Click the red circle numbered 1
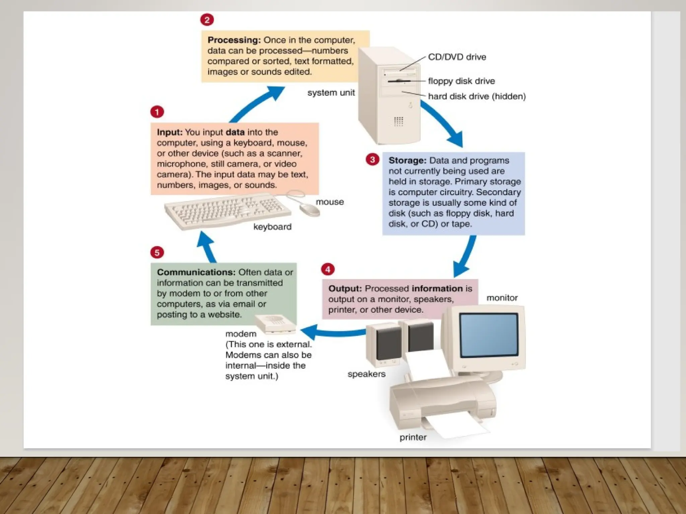(x=157, y=112)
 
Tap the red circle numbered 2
(x=207, y=20)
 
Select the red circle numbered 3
(x=372, y=160)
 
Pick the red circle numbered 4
(x=328, y=269)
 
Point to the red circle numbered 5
(x=157, y=252)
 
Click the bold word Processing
(x=234, y=40)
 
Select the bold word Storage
(x=407, y=161)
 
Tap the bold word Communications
(x=196, y=272)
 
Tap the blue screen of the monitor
(x=489, y=335)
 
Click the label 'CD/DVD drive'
(x=457, y=57)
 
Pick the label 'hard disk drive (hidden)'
(x=477, y=97)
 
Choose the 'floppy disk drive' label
(x=461, y=81)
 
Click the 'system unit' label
(x=331, y=93)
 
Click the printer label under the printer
(x=413, y=437)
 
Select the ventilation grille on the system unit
(x=398, y=121)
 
